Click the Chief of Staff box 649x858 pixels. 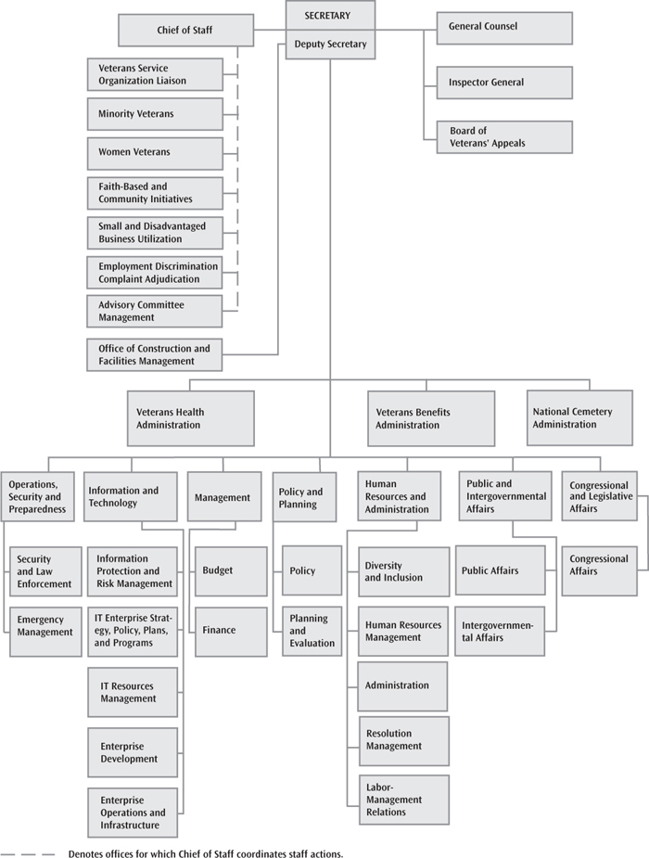click(x=186, y=30)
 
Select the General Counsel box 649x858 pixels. click(x=504, y=28)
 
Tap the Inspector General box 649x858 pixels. click(x=504, y=83)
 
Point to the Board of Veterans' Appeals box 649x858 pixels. click(x=504, y=136)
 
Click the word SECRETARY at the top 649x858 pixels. click(x=327, y=16)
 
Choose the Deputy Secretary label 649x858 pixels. click(x=330, y=44)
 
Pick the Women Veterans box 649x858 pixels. click(x=155, y=153)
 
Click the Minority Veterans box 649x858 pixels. click(x=155, y=114)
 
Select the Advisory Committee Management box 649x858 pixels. click(x=154, y=312)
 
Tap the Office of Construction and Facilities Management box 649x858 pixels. click(x=154, y=354)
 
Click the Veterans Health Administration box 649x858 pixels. click(x=191, y=418)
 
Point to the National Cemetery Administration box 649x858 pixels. click(x=579, y=417)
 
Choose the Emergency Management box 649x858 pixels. click(x=45, y=632)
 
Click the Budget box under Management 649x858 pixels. click(x=231, y=571)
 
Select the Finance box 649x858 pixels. click(x=231, y=632)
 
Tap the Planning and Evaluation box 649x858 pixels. click(x=312, y=631)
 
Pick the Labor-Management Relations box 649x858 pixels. click(x=404, y=800)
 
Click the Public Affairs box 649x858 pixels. click(x=501, y=570)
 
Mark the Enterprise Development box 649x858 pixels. click(x=133, y=752)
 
